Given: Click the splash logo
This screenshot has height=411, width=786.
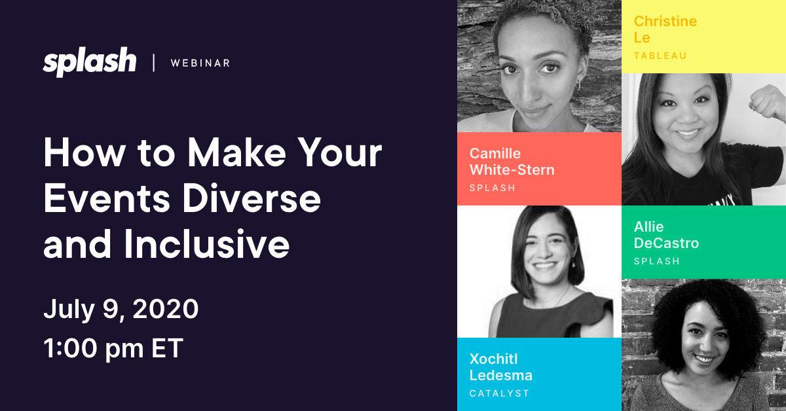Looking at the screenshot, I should tap(90, 63).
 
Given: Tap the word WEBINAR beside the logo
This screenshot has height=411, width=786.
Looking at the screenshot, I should tap(200, 63).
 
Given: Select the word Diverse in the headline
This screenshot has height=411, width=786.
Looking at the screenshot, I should tap(252, 199).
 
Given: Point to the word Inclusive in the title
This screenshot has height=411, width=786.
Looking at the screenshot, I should tap(207, 243).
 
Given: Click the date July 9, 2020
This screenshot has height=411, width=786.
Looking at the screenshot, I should tap(121, 309).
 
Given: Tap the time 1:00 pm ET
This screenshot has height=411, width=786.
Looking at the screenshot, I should tap(113, 349).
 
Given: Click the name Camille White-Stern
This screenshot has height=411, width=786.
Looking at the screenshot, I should tap(512, 162).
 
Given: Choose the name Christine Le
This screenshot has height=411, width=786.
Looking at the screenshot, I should tap(665, 29).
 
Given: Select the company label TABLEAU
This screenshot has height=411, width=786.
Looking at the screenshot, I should tap(660, 56).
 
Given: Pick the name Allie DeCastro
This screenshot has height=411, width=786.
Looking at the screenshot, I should tap(666, 235).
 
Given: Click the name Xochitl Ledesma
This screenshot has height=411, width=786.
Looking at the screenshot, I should tap(500, 367).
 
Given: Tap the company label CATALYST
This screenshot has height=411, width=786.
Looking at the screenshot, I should tap(499, 393).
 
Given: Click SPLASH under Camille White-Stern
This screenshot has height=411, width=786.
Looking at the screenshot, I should tap(493, 188).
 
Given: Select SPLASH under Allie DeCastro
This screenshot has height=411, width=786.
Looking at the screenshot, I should tap(657, 261).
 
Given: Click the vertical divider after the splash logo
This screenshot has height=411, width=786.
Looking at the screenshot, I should tap(154, 63).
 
